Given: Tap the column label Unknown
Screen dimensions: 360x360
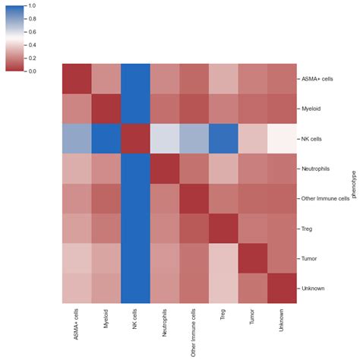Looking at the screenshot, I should point(281,318).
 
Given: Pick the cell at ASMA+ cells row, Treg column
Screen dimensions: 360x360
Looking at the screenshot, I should point(223,79).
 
